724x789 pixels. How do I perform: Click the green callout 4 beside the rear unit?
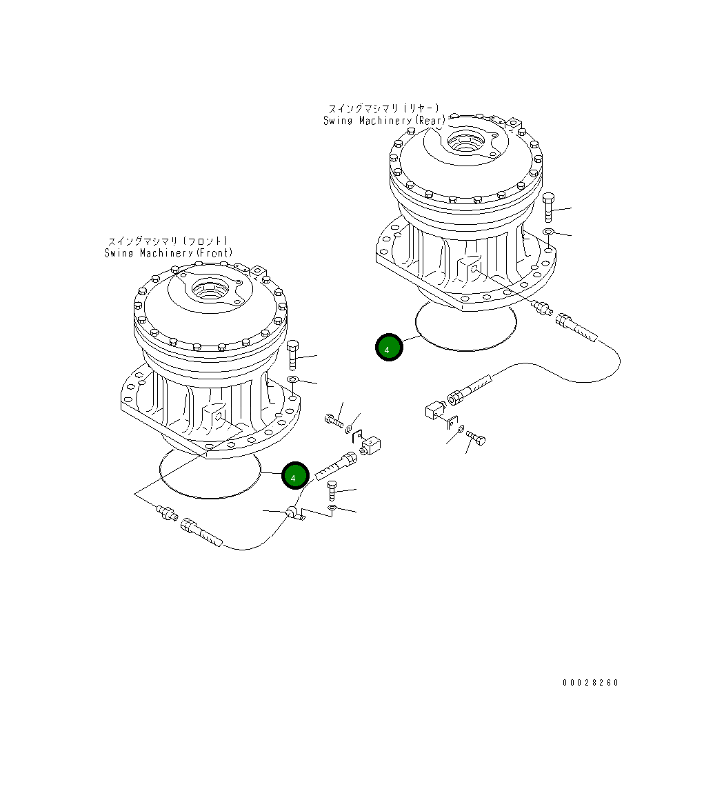coord(388,348)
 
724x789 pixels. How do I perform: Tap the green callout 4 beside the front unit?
coord(294,476)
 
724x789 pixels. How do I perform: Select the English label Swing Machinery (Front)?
coord(168,253)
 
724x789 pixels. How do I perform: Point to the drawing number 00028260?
coord(590,683)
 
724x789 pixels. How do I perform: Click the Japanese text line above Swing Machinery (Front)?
coord(168,241)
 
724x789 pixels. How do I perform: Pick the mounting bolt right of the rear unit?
coord(548,208)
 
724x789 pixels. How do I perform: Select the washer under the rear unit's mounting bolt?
coord(548,232)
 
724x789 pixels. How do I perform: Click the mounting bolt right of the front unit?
coord(292,355)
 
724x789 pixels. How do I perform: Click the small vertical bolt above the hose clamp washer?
coord(332,490)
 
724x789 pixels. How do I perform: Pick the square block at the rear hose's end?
coord(434,412)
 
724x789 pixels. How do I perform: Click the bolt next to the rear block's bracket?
coord(476,437)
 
